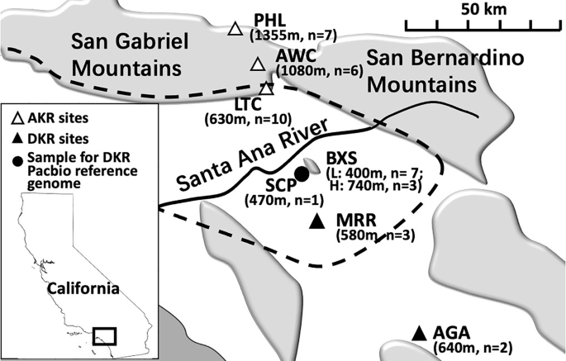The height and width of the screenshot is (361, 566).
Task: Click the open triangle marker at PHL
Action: pos(235,30)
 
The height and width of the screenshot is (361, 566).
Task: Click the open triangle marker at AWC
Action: pos(258,64)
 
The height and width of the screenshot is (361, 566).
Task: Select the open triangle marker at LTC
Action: pos(266,87)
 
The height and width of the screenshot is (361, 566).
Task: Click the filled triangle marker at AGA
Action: pos(420,332)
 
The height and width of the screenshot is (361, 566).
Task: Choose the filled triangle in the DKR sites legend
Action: pos(17,137)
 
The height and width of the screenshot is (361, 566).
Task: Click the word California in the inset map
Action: pos(82,288)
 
